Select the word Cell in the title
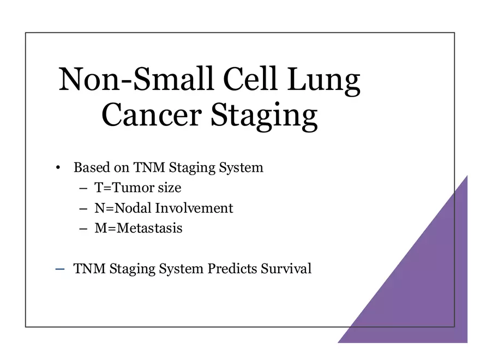point(254,80)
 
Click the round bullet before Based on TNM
point(58,167)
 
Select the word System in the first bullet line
point(240,167)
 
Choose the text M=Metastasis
point(139,228)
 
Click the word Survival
point(286,269)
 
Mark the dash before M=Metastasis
point(83,229)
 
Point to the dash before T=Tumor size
point(83,188)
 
